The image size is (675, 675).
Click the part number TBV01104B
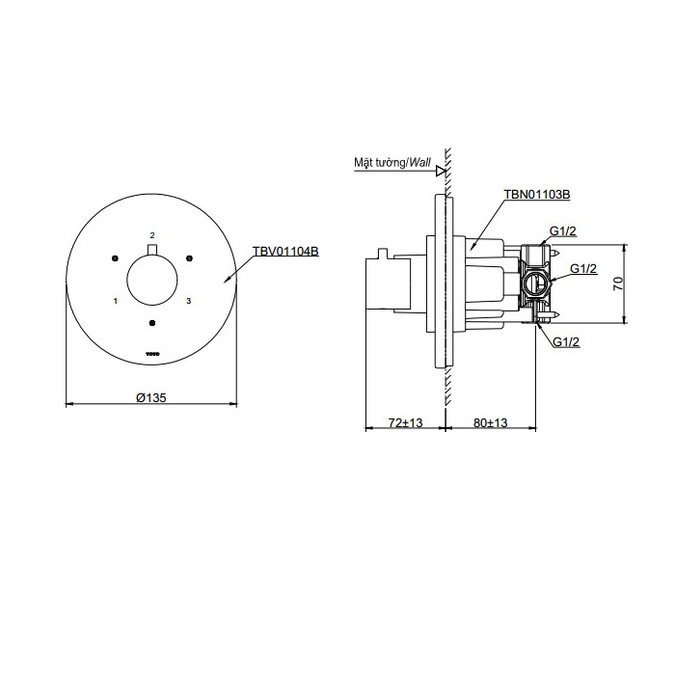coord(285,251)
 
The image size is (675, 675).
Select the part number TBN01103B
coord(537,195)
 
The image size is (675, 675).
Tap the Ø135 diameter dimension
coord(151,397)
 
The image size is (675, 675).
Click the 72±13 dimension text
coord(406,422)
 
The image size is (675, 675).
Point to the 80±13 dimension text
coord(490,422)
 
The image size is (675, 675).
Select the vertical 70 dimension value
coord(618,283)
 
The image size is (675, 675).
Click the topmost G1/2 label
coord(562,231)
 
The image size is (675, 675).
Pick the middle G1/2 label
coord(583,269)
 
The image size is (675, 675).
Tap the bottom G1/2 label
coord(566,341)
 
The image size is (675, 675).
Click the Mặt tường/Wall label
coord(392,163)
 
